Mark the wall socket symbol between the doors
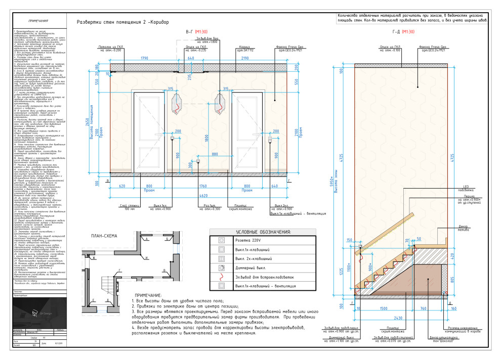(198, 162)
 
